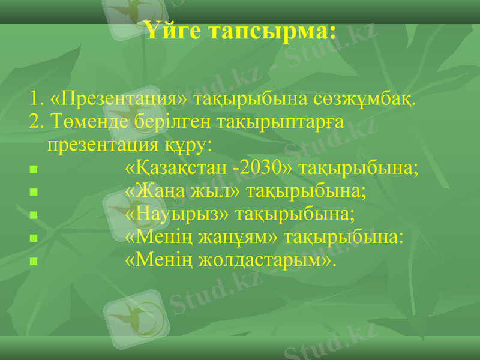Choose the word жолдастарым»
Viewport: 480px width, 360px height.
click(x=265, y=260)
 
